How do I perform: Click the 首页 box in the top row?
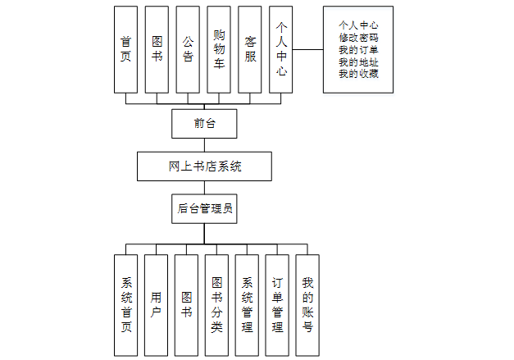click(x=125, y=49)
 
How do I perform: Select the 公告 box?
click(x=188, y=49)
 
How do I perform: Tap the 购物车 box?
click(x=219, y=49)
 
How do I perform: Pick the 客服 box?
click(x=250, y=49)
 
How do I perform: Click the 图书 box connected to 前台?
click(x=157, y=49)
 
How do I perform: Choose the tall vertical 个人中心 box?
click(x=281, y=49)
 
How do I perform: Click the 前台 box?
click(x=204, y=124)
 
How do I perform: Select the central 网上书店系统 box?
click(x=204, y=166)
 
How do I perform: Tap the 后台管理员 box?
click(x=204, y=208)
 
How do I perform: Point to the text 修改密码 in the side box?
click(x=358, y=38)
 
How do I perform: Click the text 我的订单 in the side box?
click(x=358, y=50)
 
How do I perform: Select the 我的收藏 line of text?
click(x=358, y=75)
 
